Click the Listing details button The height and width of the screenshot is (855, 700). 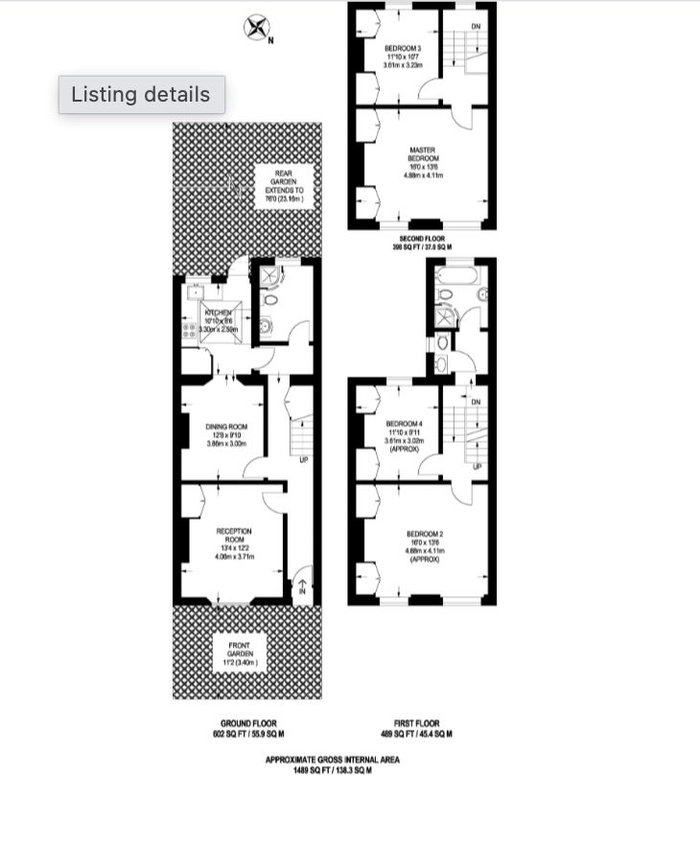coord(141,95)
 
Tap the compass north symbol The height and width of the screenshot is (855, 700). coord(256,28)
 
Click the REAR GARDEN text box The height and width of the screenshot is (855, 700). coord(284,182)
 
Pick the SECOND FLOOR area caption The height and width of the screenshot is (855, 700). coord(422,242)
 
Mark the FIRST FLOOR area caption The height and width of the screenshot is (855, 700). coord(423,728)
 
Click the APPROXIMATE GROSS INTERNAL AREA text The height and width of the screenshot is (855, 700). coord(333,765)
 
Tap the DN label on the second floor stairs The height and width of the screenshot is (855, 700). coord(476,25)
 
